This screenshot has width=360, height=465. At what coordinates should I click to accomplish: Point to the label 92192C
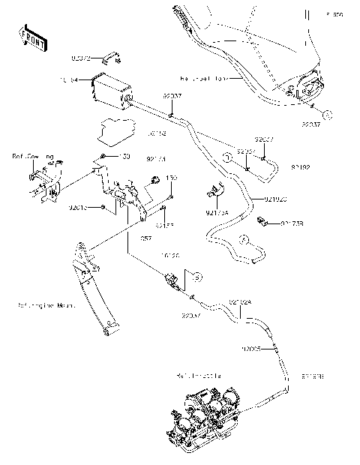click(x=276, y=199)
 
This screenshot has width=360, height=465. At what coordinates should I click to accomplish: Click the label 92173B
click(x=293, y=223)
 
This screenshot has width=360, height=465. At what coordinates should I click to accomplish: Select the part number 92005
click(x=253, y=349)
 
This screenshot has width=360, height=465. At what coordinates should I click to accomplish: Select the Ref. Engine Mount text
click(x=49, y=305)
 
